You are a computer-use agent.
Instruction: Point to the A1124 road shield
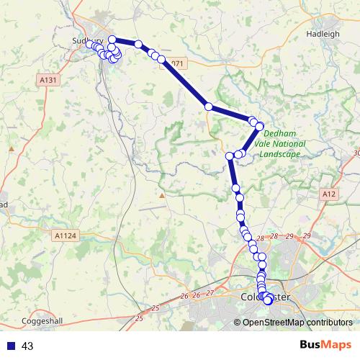[x=64, y=235]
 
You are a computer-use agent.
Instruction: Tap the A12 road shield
[x=330, y=194]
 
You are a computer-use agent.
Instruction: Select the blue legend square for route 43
[x=10, y=346]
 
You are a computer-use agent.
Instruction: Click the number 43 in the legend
[x=27, y=346]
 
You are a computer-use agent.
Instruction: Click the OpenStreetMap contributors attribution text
[x=297, y=323]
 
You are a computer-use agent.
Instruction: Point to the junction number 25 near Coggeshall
[x=158, y=309]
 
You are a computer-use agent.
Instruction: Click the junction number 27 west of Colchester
[x=210, y=293]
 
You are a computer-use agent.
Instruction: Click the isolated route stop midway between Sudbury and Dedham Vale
[x=208, y=107]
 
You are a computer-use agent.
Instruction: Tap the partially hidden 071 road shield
[x=178, y=63]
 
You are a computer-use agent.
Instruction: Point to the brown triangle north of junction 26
[x=163, y=194]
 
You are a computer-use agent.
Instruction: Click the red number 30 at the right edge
[x=356, y=153]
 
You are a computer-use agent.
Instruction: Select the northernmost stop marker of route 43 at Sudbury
[x=112, y=39]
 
